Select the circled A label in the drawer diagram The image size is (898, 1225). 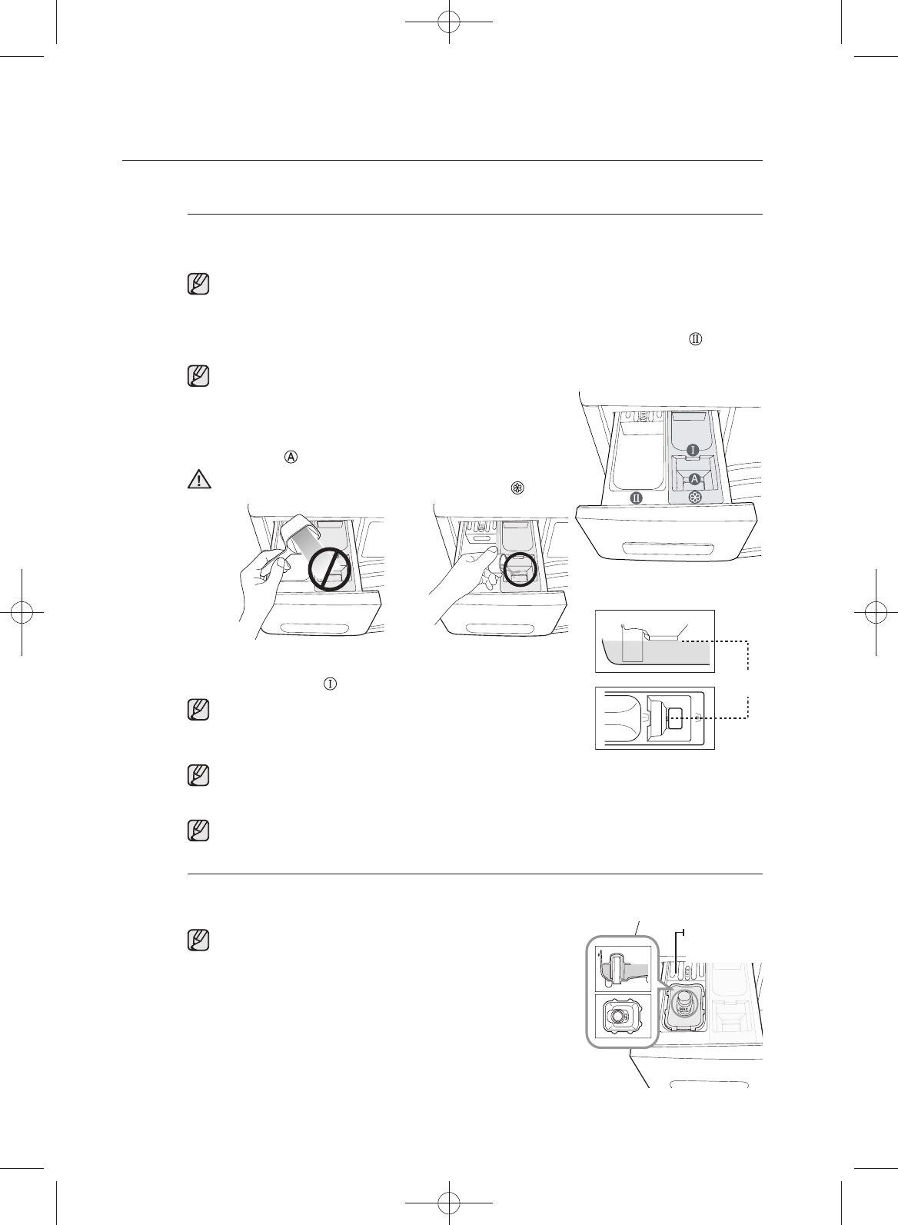(694, 478)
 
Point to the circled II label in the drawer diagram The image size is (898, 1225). (637, 498)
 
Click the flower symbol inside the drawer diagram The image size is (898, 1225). (694, 499)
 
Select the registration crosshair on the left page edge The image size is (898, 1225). (23, 612)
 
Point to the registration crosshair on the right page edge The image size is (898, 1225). (875, 612)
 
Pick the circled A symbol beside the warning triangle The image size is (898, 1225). (291, 456)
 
